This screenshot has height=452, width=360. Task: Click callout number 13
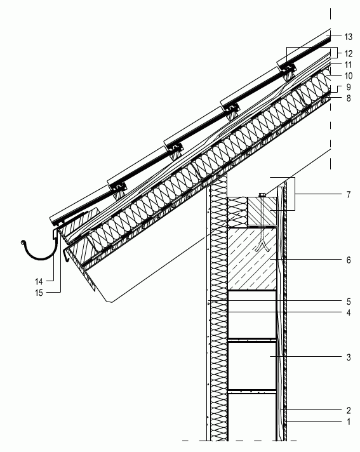(x=348, y=37)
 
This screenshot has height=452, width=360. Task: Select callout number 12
(x=348, y=53)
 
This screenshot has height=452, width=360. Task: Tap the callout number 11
(x=348, y=65)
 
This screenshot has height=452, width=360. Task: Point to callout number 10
(x=348, y=76)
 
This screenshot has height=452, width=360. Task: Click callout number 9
(x=349, y=87)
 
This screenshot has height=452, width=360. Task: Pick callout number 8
(x=349, y=98)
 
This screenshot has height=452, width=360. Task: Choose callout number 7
(x=349, y=195)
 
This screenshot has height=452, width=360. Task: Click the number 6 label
(x=349, y=260)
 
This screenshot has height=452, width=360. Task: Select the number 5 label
(x=349, y=302)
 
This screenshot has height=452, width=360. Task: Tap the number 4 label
(x=349, y=313)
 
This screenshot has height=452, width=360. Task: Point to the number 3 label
(x=349, y=357)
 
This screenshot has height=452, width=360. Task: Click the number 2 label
(x=349, y=410)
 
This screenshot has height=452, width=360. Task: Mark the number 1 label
(x=349, y=422)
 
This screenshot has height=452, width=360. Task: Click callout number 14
(x=39, y=281)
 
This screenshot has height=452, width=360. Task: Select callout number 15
(x=39, y=293)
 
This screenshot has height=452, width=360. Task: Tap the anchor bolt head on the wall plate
(x=262, y=195)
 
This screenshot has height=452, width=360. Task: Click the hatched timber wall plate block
(x=262, y=211)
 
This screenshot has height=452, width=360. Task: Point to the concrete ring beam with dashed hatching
(x=252, y=259)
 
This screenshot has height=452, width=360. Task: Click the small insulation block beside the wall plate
(x=237, y=211)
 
